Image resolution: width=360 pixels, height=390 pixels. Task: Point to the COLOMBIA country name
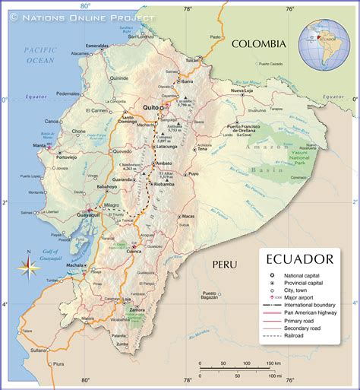[260, 44]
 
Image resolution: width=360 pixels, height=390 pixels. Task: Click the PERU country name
[225, 265]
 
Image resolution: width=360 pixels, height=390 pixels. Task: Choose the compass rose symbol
[29, 266]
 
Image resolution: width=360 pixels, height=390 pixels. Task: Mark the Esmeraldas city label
[98, 46]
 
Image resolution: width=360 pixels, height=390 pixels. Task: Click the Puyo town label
[194, 174]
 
